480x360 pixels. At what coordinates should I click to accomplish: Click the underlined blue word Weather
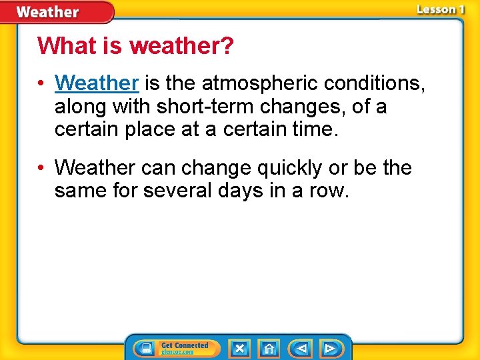click(97, 83)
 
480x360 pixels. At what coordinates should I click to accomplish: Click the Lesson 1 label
click(439, 9)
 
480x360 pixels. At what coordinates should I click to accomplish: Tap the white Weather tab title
click(47, 12)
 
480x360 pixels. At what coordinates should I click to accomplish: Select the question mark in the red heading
click(227, 47)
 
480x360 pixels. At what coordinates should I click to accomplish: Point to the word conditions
click(374, 83)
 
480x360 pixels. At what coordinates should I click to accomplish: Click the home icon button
click(269, 349)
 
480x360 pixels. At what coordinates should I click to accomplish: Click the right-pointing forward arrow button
click(329, 349)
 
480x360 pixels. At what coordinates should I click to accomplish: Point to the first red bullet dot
click(41, 84)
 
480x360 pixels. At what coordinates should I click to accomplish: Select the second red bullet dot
click(41, 168)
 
